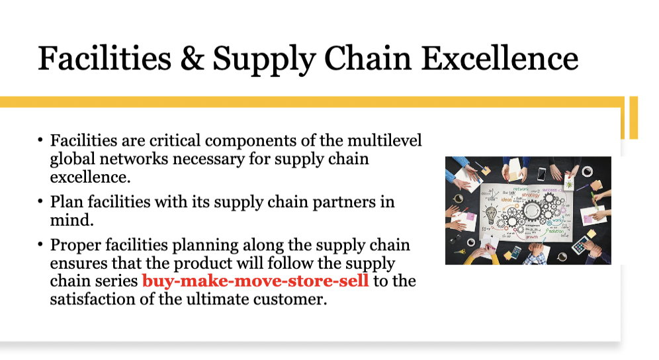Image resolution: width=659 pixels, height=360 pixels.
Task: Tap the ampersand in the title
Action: [x=192, y=58]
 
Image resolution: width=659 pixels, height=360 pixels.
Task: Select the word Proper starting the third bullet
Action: [x=75, y=245]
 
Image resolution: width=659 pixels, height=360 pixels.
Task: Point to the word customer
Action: [x=295, y=298]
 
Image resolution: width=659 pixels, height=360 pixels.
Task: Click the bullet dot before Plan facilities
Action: [x=40, y=201]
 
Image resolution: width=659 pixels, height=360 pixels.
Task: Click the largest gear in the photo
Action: [x=533, y=210]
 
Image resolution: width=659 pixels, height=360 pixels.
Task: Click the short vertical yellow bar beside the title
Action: [x=633, y=117]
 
